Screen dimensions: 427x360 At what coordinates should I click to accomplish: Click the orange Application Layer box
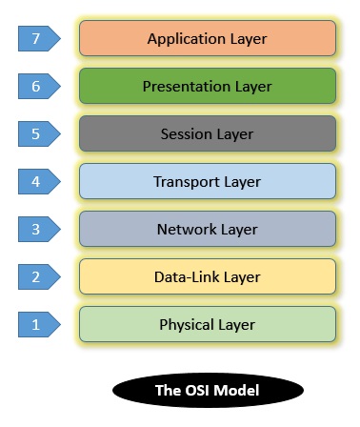208,39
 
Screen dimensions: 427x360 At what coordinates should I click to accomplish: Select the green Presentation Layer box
208,87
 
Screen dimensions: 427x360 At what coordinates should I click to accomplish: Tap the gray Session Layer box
208,134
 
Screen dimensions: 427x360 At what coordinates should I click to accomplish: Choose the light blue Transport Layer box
208,181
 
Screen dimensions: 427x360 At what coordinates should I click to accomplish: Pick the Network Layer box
208,229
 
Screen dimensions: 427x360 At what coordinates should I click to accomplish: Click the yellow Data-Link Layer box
208,277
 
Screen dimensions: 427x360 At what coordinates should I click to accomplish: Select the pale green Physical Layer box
208,325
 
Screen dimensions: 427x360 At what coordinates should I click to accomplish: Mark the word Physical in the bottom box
187,325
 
